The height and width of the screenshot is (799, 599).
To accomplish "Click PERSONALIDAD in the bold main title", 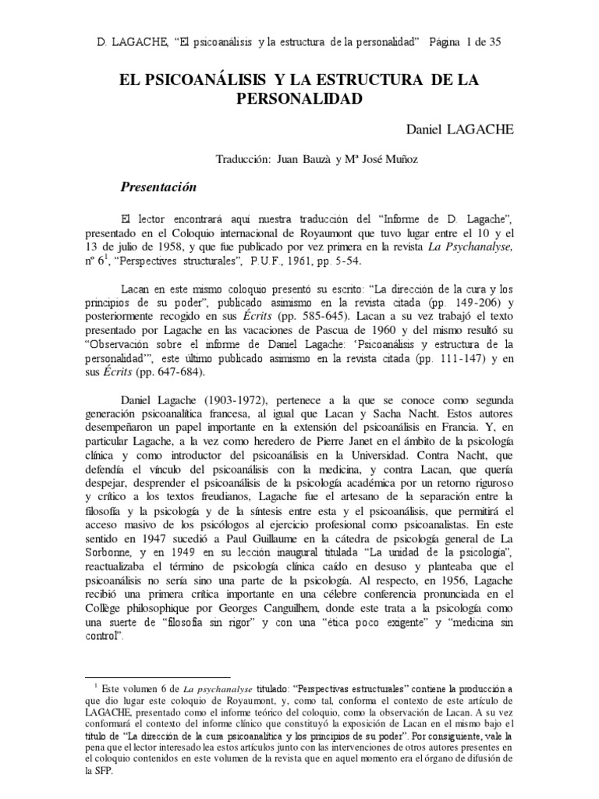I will pos(299,100).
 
